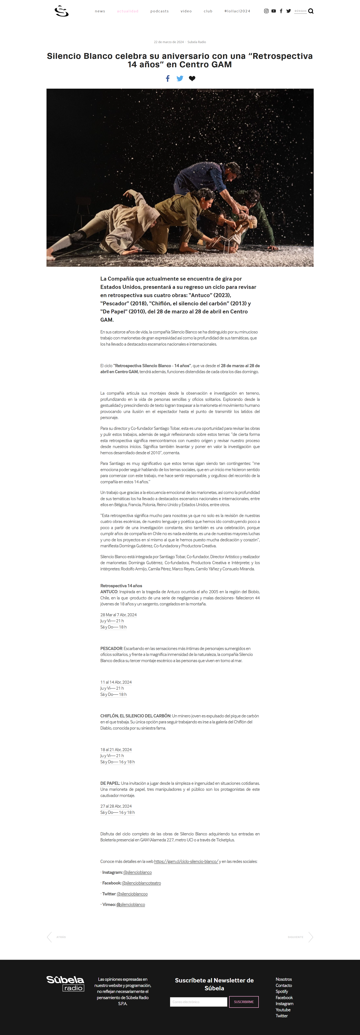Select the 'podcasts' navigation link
(160, 11)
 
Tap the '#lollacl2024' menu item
(237, 11)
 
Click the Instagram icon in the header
(266, 11)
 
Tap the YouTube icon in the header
(274, 11)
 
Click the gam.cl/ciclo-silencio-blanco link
(186, 861)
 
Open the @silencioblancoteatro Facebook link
(141, 883)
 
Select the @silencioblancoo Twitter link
(132, 894)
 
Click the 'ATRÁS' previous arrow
(49, 937)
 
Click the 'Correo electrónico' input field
(199, 1002)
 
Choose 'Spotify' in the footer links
(282, 991)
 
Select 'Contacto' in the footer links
(284, 985)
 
